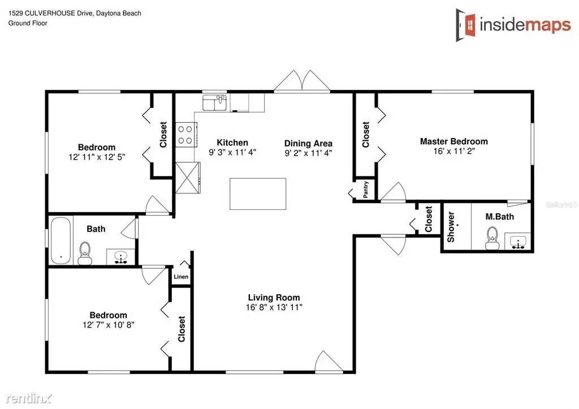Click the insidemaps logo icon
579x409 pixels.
coord(468,24)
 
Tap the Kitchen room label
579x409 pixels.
coord(232,143)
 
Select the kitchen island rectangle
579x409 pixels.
coord(258,193)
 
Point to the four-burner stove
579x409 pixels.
coord(184,135)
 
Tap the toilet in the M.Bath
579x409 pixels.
coord(492,238)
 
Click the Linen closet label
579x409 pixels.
coord(181,277)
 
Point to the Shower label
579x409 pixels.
coord(451,227)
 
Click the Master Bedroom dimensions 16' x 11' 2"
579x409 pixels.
coord(453,152)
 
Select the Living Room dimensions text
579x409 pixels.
coord(274,308)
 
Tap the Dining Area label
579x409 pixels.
coord(308,143)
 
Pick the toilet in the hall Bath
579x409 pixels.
coord(85,252)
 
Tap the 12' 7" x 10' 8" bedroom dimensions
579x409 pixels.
coord(108,325)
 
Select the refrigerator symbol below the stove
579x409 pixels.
coord(188,178)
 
